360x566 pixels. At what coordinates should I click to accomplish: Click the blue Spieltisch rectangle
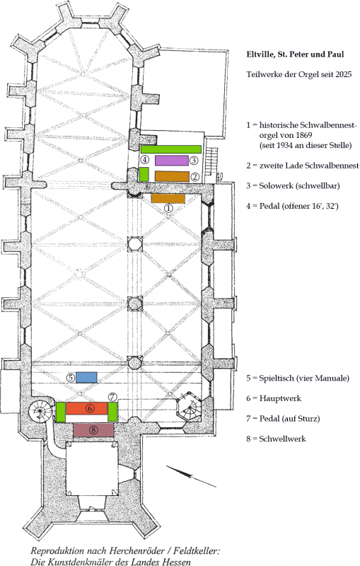[x=86, y=377]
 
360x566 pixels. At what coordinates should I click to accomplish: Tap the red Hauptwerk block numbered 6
[x=86, y=408]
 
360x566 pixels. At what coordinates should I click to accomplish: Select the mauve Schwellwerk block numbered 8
[x=93, y=430]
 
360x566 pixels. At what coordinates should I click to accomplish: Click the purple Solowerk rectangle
[x=172, y=161]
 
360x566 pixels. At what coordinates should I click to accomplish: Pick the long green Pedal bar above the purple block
[x=171, y=149]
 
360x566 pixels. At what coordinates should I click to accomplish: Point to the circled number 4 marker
[x=145, y=160]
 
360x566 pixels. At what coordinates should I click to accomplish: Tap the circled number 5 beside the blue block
[x=71, y=378]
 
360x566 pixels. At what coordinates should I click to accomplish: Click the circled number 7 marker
[x=113, y=397]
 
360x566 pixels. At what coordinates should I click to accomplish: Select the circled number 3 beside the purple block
[x=194, y=160]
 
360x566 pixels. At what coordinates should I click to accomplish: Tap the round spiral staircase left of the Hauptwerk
[x=41, y=411]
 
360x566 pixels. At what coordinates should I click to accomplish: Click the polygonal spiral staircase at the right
[x=189, y=406]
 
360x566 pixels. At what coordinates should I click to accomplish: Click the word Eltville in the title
[x=258, y=54]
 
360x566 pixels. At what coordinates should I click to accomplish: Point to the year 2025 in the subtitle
[x=344, y=75]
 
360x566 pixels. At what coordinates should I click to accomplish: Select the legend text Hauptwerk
[x=280, y=398]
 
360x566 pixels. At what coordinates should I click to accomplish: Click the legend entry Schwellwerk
[x=282, y=439]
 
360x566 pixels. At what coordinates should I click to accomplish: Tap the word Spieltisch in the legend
[x=277, y=379]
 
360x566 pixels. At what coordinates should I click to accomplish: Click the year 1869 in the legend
[x=303, y=135]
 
